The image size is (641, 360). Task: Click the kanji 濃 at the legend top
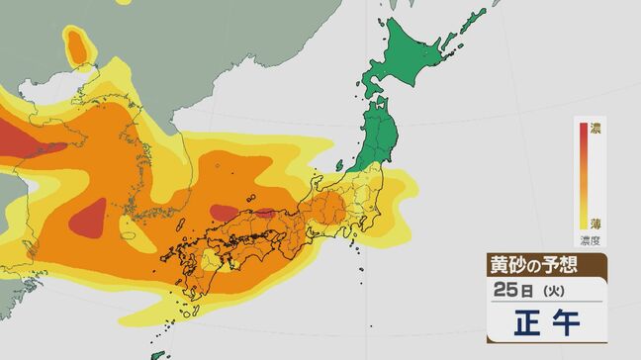(x=596, y=130)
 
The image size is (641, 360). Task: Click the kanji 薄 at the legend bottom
(x=596, y=225)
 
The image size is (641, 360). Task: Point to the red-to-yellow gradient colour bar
(x=583, y=177)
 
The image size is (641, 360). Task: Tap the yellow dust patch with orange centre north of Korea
(x=76, y=44)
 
